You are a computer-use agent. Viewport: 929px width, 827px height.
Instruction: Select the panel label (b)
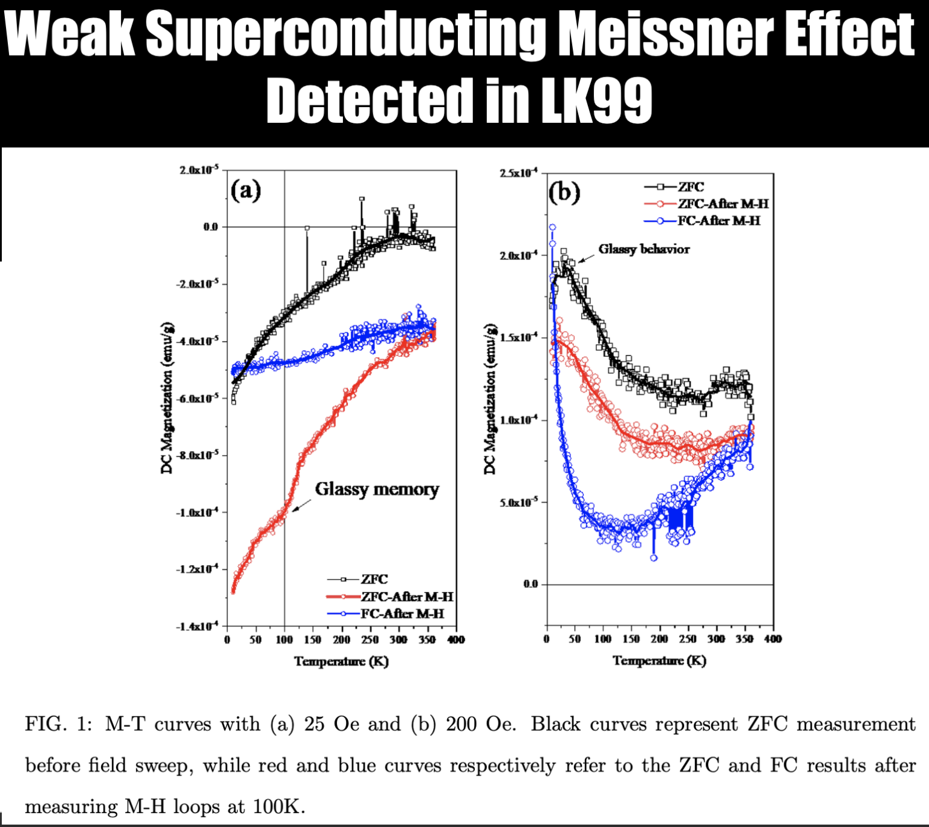(x=564, y=192)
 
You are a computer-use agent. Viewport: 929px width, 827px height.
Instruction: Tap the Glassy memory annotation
(x=377, y=489)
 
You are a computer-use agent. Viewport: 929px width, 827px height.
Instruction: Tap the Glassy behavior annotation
(x=644, y=249)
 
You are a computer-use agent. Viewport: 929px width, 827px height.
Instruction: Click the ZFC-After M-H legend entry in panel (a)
(x=406, y=597)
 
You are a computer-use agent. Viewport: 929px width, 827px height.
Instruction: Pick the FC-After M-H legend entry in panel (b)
(x=719, y=221)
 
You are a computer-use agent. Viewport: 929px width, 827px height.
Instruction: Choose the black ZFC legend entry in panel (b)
(x=691, y=187)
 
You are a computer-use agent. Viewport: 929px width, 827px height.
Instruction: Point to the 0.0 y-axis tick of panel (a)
(x=210, y=227)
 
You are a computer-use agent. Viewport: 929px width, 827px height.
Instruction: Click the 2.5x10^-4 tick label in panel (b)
(x=518, y=174)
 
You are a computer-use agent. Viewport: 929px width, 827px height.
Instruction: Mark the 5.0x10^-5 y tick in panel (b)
(x=518, y=503)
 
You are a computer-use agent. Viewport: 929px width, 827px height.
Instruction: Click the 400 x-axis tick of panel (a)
(x=455, y=640)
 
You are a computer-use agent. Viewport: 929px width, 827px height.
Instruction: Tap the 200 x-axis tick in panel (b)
(x=659, y=639)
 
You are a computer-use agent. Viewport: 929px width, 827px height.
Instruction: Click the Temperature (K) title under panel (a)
(x=341, y=661)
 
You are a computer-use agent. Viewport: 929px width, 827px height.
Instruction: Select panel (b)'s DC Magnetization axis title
(x=490, y=399)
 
